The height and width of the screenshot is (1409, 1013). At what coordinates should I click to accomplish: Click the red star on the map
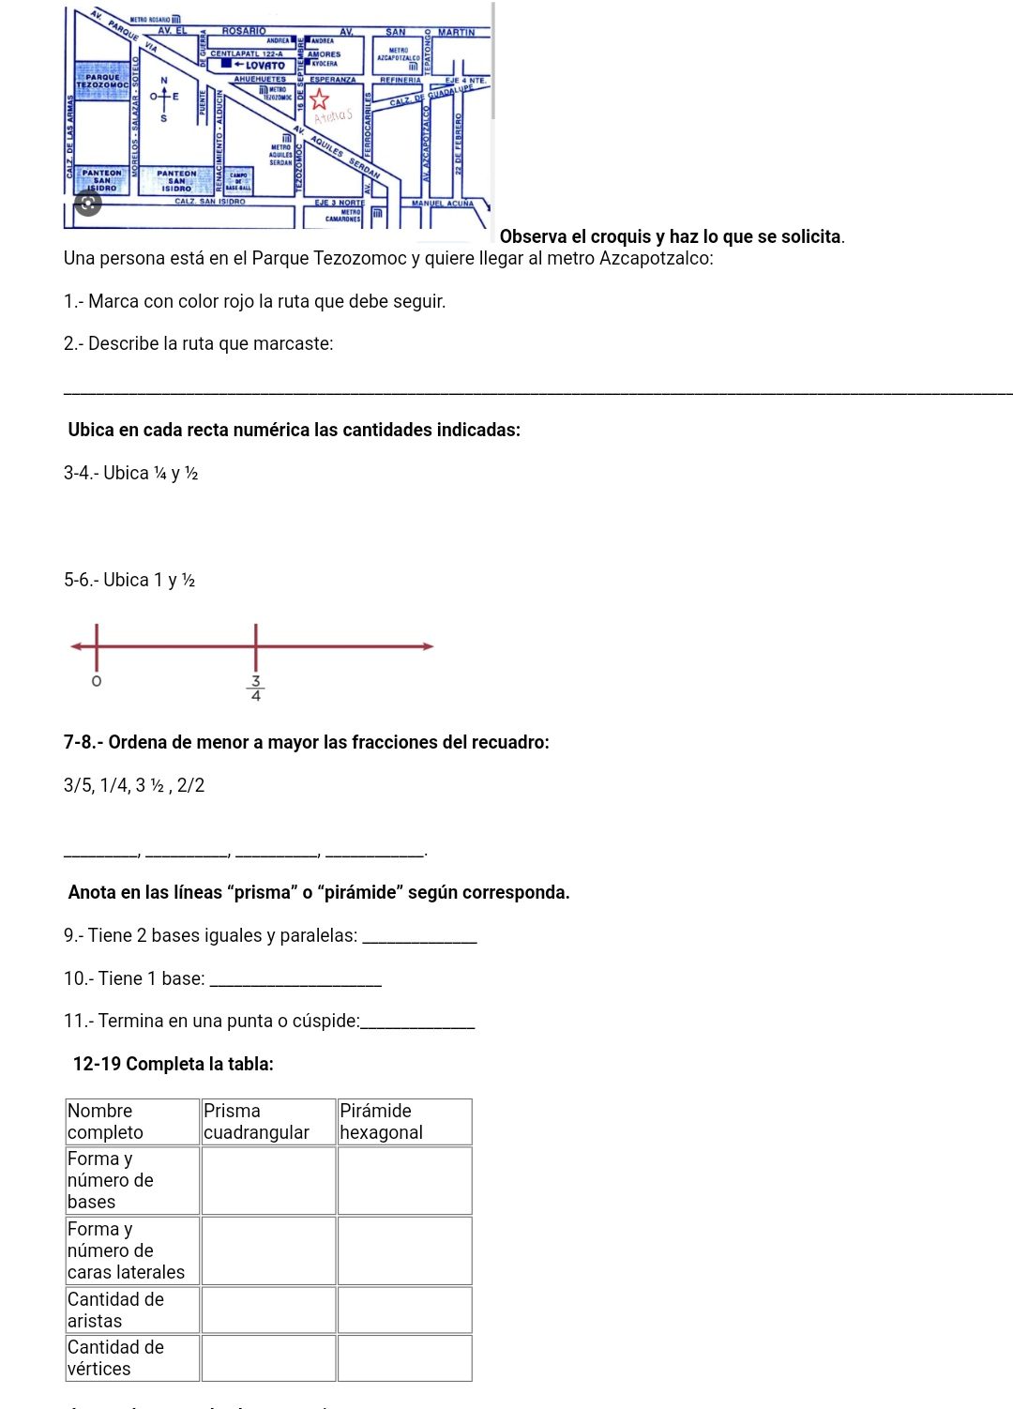[x=320, y=98]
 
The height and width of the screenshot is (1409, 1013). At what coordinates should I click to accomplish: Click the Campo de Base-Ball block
[x=238, y=180]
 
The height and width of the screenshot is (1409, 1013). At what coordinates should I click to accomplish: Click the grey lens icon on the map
[x=88, y=203]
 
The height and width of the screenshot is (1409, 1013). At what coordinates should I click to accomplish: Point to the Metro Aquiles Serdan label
[x=280, y=154]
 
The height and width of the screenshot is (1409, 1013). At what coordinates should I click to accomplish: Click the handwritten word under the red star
[x=333, y=116]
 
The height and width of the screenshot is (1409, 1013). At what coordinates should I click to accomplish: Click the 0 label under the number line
[x=96, y=680]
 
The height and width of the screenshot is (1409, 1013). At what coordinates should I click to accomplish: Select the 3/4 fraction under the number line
[x=256, y=688]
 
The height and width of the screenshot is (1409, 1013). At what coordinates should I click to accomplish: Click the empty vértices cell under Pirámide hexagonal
[x=404, y=1357]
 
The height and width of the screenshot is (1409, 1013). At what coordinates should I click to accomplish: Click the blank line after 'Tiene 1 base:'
[x=296, y=980]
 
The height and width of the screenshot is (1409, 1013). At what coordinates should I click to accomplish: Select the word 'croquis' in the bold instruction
[x=621, y=236]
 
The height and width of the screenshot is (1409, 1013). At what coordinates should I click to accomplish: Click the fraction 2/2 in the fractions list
[x=190, y=785]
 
